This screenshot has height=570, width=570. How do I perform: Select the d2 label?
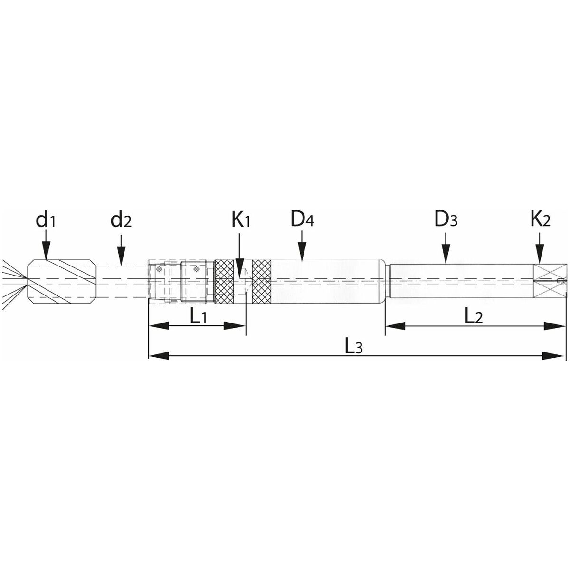pyautogui.click(x=121, y=220)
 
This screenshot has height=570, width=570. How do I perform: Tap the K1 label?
pyautogui.click(x=240, y=220)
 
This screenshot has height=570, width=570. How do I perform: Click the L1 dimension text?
pyautogui.click(x=199, y=316)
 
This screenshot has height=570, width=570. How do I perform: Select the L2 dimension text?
pyautogui.click(x=473, y=316)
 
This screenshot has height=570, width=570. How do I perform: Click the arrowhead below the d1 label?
pyautogui.click(x=46, y=251)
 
